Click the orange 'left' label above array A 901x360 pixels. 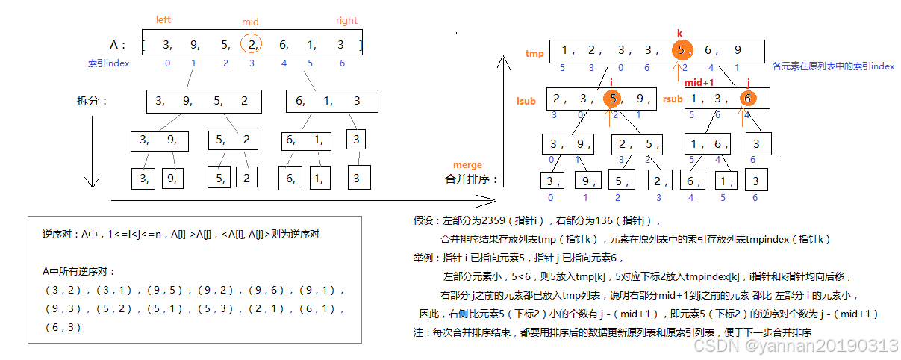tap(163, 20)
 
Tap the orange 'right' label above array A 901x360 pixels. tap(346, 21)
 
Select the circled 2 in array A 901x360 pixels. tap(252, 45)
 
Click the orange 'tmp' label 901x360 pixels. tap(534, 53)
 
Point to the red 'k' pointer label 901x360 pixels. tap(679, 34)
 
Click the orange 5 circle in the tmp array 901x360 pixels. tap(681, 51)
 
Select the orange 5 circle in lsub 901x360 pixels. tap(612, 99)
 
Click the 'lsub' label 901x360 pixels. tap(526, 101)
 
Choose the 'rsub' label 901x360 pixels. tap(673, 99)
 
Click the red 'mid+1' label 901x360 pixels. tap(699, 82)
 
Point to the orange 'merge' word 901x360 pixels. tap(467, 165)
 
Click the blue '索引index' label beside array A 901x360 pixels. tap(108, 63)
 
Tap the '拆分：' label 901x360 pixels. tap(93, 101)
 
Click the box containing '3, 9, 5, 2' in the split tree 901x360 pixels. tap(203, 101)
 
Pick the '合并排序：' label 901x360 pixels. tap(471, 179)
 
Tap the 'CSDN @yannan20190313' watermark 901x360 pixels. tap(796, 345)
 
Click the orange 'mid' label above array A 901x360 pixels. tap(251, 22)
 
